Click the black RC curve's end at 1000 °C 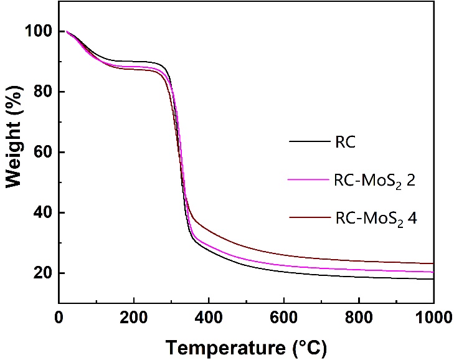coord(433,279)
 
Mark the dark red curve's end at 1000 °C coord(433,263)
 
